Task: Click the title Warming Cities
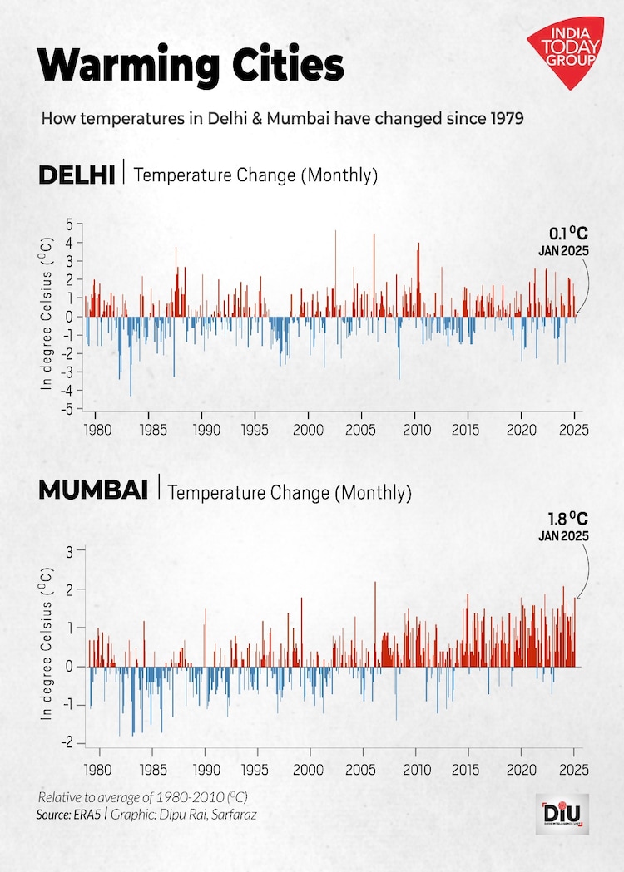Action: [191, 64]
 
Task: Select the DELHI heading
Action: [77, 175]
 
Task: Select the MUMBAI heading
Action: [92, 490]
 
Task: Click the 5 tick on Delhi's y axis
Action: [70, 224]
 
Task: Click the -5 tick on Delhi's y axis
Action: [68, 408]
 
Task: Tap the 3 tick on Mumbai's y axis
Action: [71, 550]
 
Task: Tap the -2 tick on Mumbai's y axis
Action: [68, 742]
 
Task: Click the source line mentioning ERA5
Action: [146, 815]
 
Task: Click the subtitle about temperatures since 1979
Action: [282, 118]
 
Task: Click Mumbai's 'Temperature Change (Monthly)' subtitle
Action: [290, 492]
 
